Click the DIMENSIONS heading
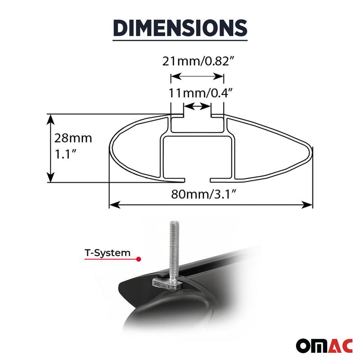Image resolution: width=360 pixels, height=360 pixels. click(180, 27)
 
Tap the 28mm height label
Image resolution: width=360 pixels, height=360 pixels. click(73, 138)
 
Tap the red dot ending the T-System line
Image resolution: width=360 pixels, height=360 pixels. click(139, 259)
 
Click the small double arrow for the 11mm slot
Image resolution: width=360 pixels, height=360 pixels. click(197, 107)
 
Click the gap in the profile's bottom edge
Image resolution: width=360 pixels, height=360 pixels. click(198, 180)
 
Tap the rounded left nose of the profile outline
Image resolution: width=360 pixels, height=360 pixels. click(111, 148)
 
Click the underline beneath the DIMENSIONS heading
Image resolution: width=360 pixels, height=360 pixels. click(180, 41)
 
